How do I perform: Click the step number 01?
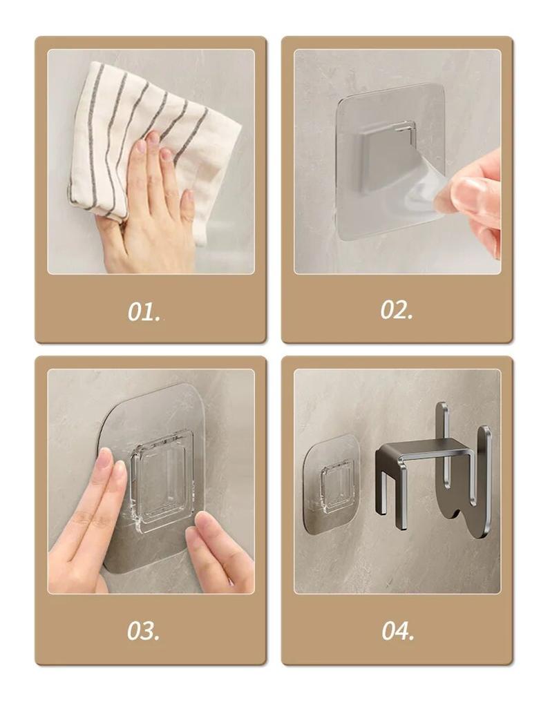(x=144, y=311)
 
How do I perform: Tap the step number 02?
(x=396, y=310)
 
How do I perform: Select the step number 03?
(x=143, y=630)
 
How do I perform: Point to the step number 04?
(x=397, y=630)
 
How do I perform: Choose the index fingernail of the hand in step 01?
(x=142, y=147)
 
